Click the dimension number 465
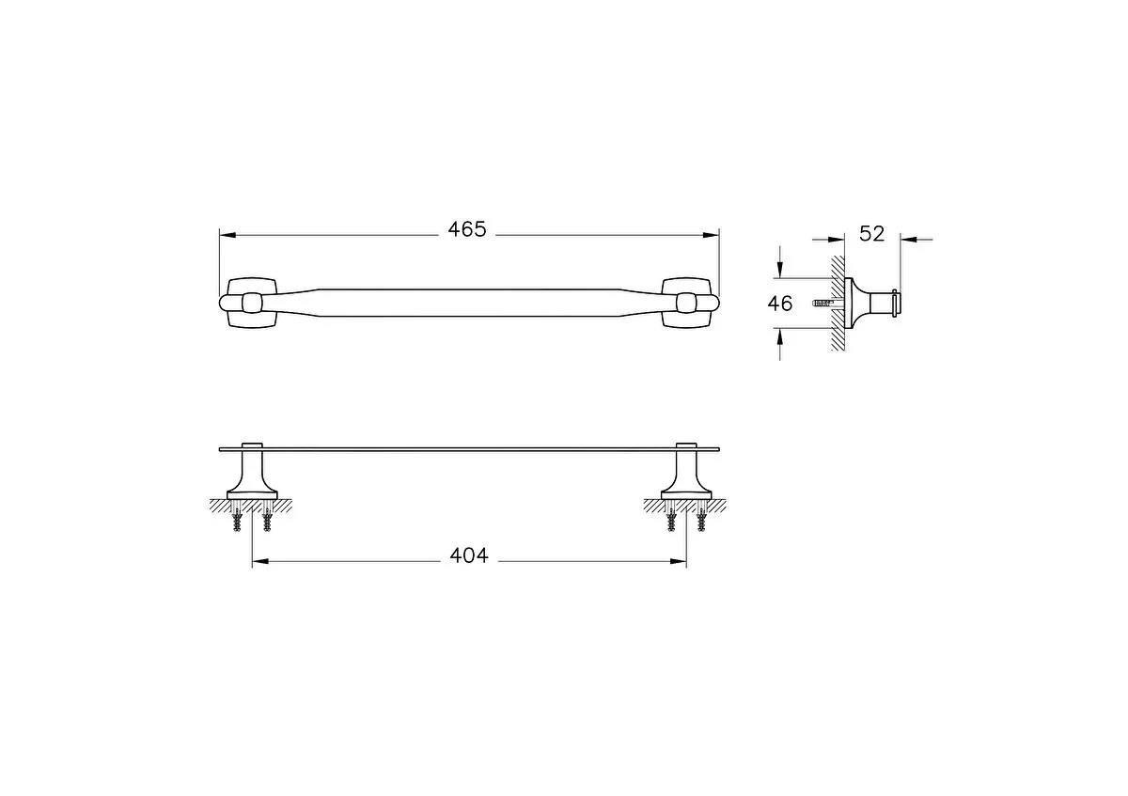[467, 229]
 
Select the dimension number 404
[469, 555]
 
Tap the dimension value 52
[872, 233]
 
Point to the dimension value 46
[780, 303]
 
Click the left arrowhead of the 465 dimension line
[227, 235]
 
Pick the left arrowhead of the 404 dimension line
[259, 562]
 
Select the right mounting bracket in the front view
[688, 303]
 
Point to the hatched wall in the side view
[837, 303]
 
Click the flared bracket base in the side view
[857, 303]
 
